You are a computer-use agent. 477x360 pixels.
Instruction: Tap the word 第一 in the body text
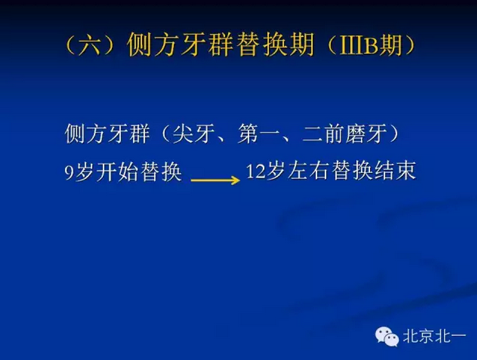coord(259,134)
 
